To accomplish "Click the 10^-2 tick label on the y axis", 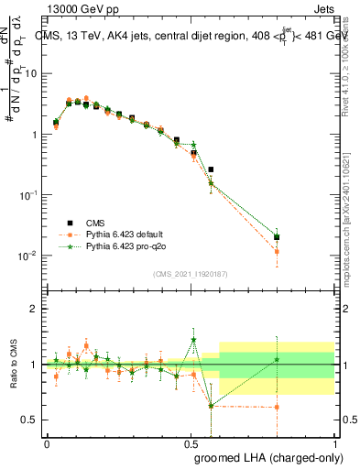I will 27,256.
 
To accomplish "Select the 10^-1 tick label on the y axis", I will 27,195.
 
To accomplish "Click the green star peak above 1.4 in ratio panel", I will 193,340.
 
